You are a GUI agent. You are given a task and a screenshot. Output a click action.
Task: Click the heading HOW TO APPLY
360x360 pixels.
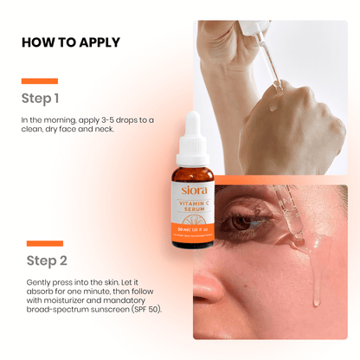70,42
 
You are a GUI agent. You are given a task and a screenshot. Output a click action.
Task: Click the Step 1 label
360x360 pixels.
41,98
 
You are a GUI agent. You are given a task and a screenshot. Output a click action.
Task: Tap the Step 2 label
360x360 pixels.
45,260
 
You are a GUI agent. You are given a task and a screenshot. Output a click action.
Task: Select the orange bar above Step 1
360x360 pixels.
39,80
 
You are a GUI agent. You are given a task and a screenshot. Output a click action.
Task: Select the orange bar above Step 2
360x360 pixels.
44,243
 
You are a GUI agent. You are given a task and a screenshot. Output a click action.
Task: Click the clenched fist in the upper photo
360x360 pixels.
281,130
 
